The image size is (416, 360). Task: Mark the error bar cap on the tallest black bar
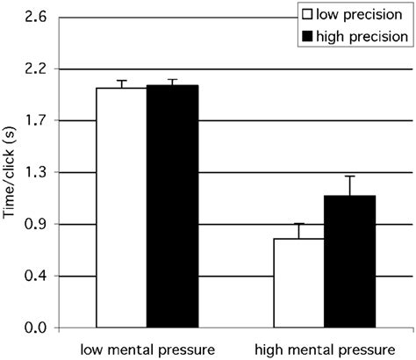pyautogui.click(x=172, y=80)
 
